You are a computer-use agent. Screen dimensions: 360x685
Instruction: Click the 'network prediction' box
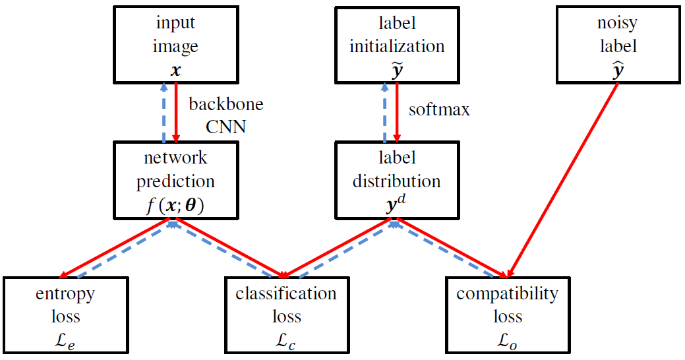(175, 179)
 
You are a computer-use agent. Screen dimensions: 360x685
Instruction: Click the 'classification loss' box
(286, 316)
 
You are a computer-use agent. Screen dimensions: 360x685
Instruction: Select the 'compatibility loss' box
(507, 316)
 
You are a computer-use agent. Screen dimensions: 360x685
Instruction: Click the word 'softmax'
(439, 109)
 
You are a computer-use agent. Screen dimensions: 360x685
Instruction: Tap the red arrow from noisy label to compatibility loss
(564, 179)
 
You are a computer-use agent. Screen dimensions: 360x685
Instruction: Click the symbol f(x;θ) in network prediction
(175, 204)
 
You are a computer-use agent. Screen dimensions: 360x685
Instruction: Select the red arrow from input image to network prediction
(176, 112)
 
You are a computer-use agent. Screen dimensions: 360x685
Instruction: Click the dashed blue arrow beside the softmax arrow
(384, 112)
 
